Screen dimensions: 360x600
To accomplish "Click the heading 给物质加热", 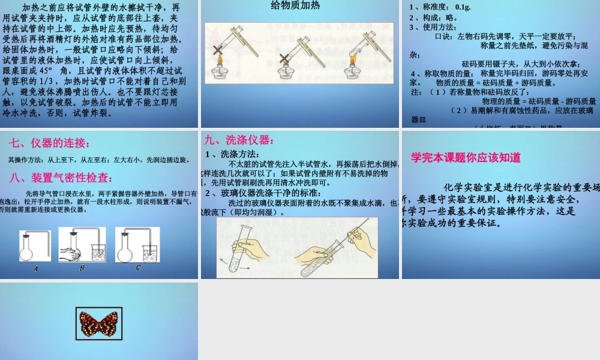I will tap(300, 8).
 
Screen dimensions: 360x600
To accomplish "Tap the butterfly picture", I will tap(99, 323).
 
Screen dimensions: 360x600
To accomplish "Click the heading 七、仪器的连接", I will tap(50, 143).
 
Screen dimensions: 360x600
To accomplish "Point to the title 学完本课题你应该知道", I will tap(466, 158).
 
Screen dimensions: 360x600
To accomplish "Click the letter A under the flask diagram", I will tap(35, 269).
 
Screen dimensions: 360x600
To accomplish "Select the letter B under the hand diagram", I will tap(82, 268).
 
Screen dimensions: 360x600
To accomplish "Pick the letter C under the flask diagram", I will tap(137, 268).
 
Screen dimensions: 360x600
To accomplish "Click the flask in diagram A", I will tap(26, 250).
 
